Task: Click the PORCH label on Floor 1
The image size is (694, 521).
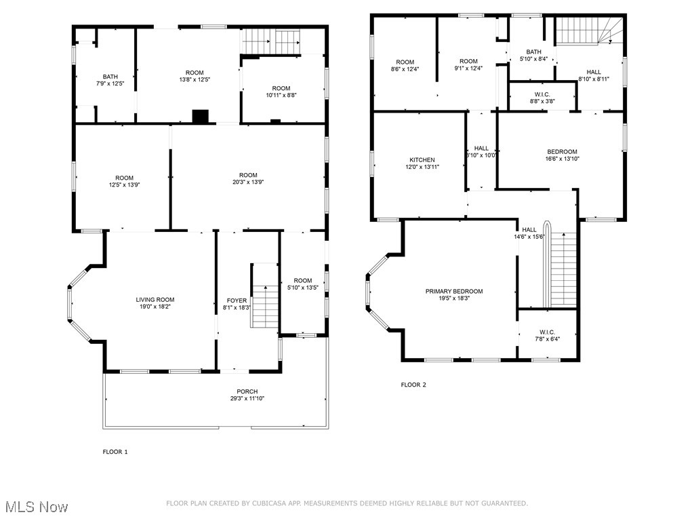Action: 247,391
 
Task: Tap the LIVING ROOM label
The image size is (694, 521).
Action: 155,299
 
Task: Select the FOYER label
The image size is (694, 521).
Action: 237,300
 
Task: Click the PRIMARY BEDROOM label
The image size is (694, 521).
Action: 454,291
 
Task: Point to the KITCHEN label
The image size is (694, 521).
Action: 421,160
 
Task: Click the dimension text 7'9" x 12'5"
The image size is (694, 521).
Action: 109,83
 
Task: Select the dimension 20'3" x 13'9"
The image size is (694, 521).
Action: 248,182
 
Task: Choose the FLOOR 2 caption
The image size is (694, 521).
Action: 413,385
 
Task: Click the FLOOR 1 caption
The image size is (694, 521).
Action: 115,451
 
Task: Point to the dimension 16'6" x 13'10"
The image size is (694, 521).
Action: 562,159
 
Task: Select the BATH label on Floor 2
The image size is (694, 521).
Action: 533,52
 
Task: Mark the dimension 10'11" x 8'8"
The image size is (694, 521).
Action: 281,95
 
